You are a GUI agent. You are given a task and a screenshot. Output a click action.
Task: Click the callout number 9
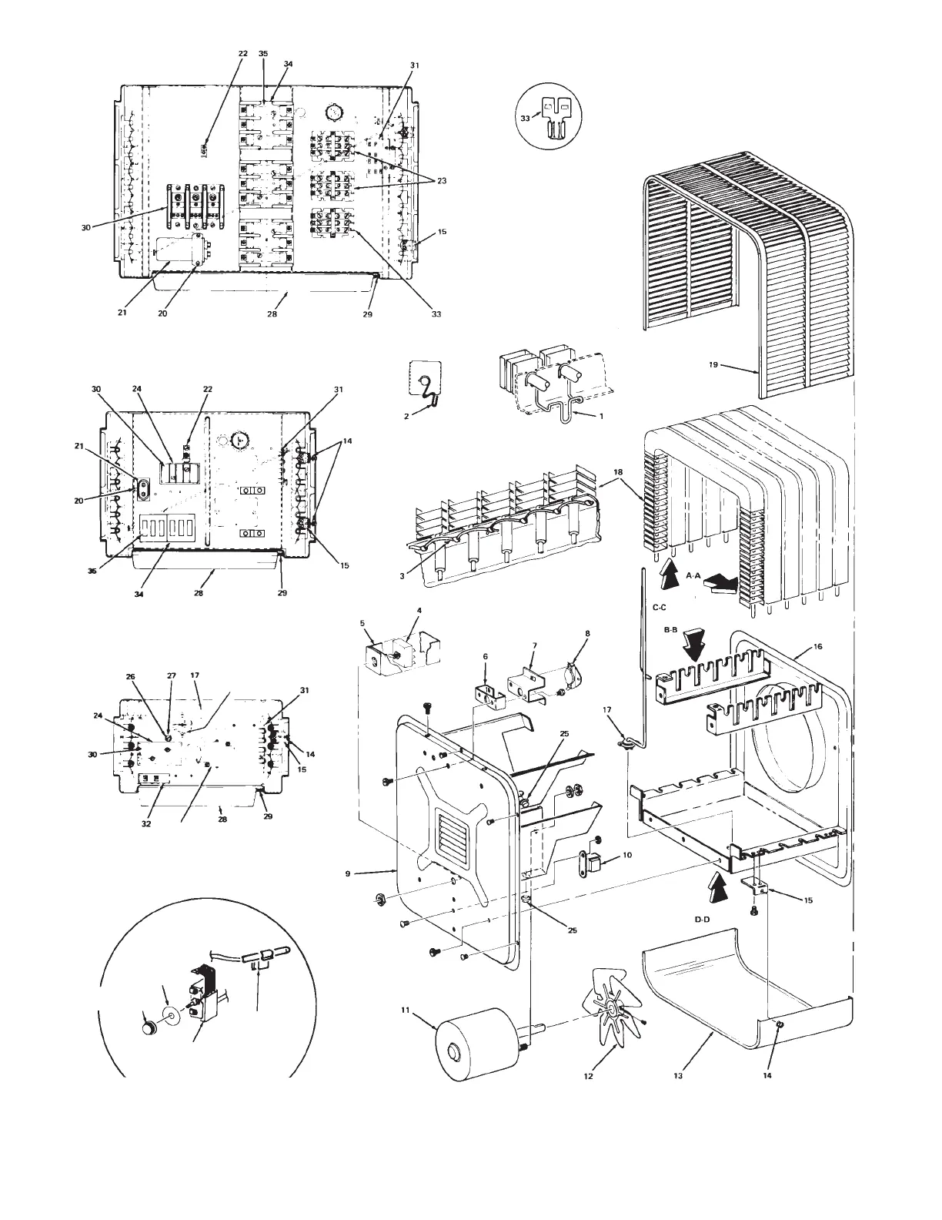[x=348, y=873]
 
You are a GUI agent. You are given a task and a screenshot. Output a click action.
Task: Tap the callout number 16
[x=818, y=646]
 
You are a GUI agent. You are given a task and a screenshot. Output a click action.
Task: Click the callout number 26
[x=131, y=677]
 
